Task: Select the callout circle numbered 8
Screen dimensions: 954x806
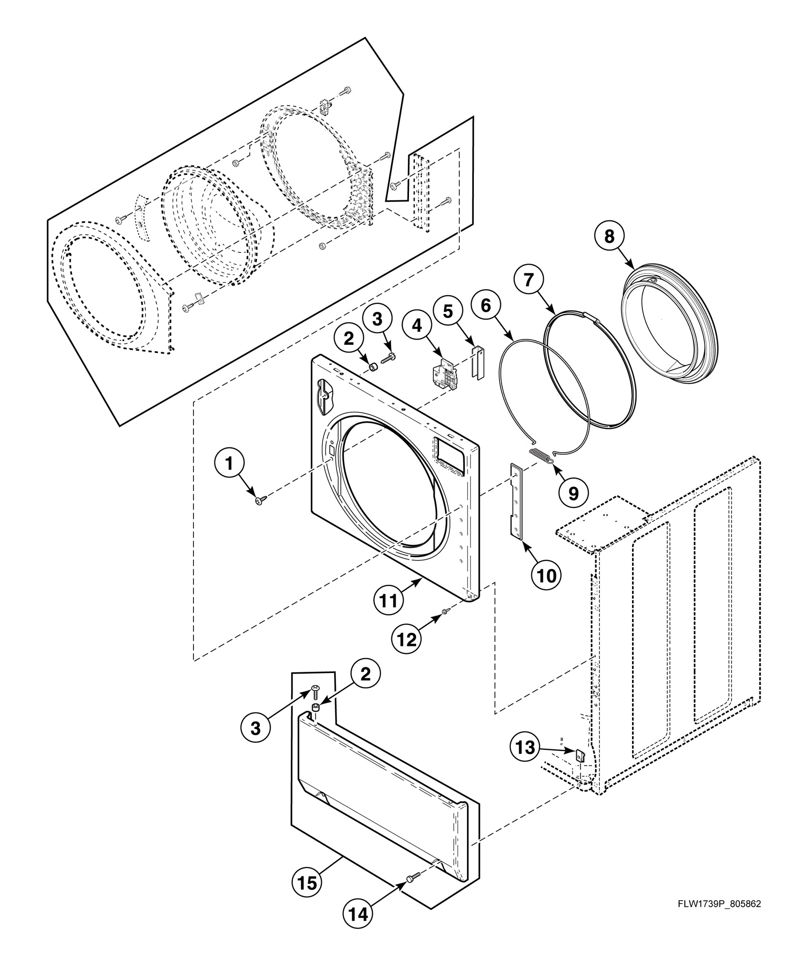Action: [x=609, y=236]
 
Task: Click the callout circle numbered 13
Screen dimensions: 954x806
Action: [x=526, y=747]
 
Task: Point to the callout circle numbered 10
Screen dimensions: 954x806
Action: [x=547, y=576]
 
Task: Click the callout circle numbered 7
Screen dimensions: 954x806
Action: [x=528, y=280]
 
